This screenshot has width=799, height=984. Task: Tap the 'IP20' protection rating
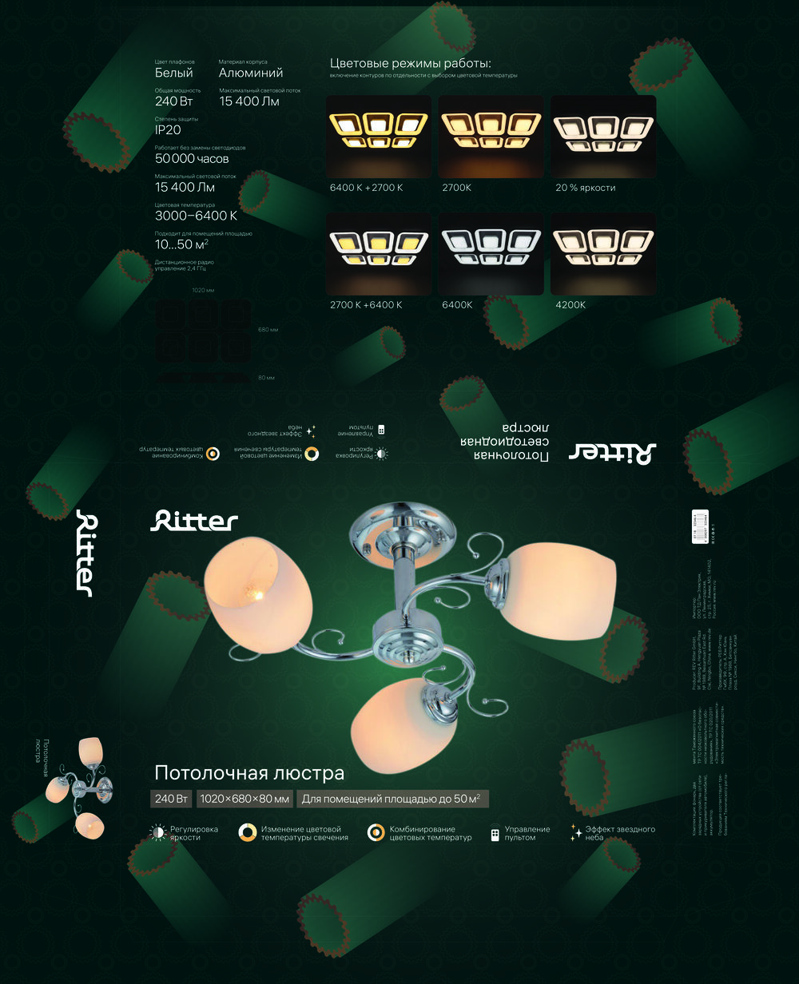(168, 130)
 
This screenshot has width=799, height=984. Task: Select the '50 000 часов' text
(192, 159)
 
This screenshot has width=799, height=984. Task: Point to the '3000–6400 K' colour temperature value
(196, 216)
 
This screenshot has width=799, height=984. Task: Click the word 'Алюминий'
(251, 73)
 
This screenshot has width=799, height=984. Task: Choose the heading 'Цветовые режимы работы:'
(410, 63)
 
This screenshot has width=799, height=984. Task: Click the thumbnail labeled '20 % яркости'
(603, 137)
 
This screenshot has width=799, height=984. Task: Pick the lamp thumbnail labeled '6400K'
(491, 254)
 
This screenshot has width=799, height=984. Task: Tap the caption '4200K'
(570, 305)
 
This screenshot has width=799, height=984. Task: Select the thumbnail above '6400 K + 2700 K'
(378, 137)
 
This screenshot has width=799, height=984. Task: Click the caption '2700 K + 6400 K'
(366, 305)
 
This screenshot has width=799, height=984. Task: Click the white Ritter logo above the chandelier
(194, 521)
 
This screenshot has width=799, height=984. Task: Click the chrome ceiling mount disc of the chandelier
(402, 528)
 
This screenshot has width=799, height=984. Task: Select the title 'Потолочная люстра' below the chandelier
(249, 773)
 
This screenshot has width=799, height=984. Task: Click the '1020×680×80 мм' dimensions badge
(244, 799)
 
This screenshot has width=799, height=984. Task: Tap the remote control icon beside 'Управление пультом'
(495, 835)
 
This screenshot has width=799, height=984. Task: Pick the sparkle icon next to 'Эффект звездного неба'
(575, 833)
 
